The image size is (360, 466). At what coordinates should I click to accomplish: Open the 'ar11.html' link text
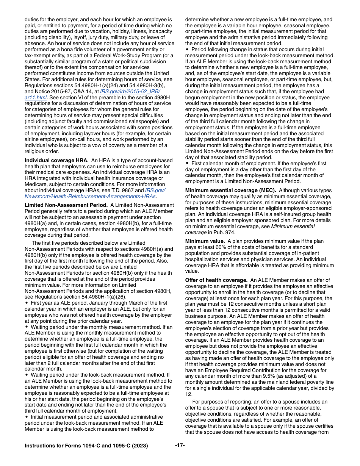click(x=36, y=97)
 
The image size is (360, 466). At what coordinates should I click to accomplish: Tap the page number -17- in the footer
click(x=180, y=445)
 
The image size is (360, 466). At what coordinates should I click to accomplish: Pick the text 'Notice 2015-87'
click(x=49, y=92)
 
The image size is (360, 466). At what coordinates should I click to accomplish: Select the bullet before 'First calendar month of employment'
click(x=187, y=163)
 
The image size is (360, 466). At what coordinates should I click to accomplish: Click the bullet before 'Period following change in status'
click(x=187, y=50)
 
